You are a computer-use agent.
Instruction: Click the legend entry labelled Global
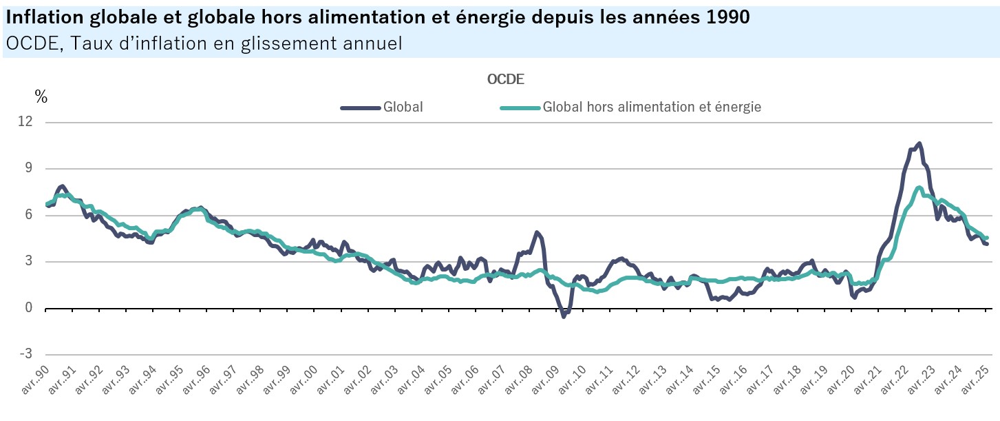tap(403, 107)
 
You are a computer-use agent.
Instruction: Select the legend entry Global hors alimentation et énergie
tap(651, 107)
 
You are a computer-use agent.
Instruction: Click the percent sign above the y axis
tap(41, 98)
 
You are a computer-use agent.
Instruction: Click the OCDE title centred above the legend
tap(506, 79)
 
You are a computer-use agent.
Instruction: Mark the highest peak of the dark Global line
tap(919, 143)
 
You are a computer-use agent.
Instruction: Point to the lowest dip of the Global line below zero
tap(564, 316)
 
